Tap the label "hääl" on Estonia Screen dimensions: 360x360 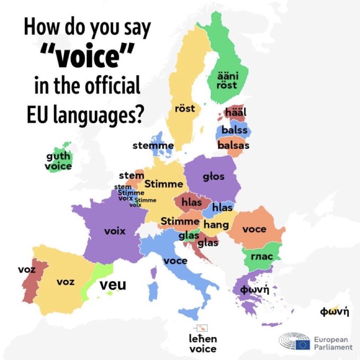[236, 113]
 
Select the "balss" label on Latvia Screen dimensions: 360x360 [234, 130]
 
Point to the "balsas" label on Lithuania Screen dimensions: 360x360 [233, 145]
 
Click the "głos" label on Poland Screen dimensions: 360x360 [214, 176]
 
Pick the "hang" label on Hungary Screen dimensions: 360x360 [216, 224]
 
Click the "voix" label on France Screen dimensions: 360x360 [115, 231]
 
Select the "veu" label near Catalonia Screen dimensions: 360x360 [112, 285]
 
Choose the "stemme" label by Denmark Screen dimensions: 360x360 [153, 146]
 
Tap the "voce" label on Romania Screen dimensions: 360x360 [254, 229]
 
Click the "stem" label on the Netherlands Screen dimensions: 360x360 [131, 175]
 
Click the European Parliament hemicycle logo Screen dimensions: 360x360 [294, 341]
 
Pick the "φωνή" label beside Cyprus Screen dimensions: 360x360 [335, 311]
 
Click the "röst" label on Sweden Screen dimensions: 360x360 [185, 108]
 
